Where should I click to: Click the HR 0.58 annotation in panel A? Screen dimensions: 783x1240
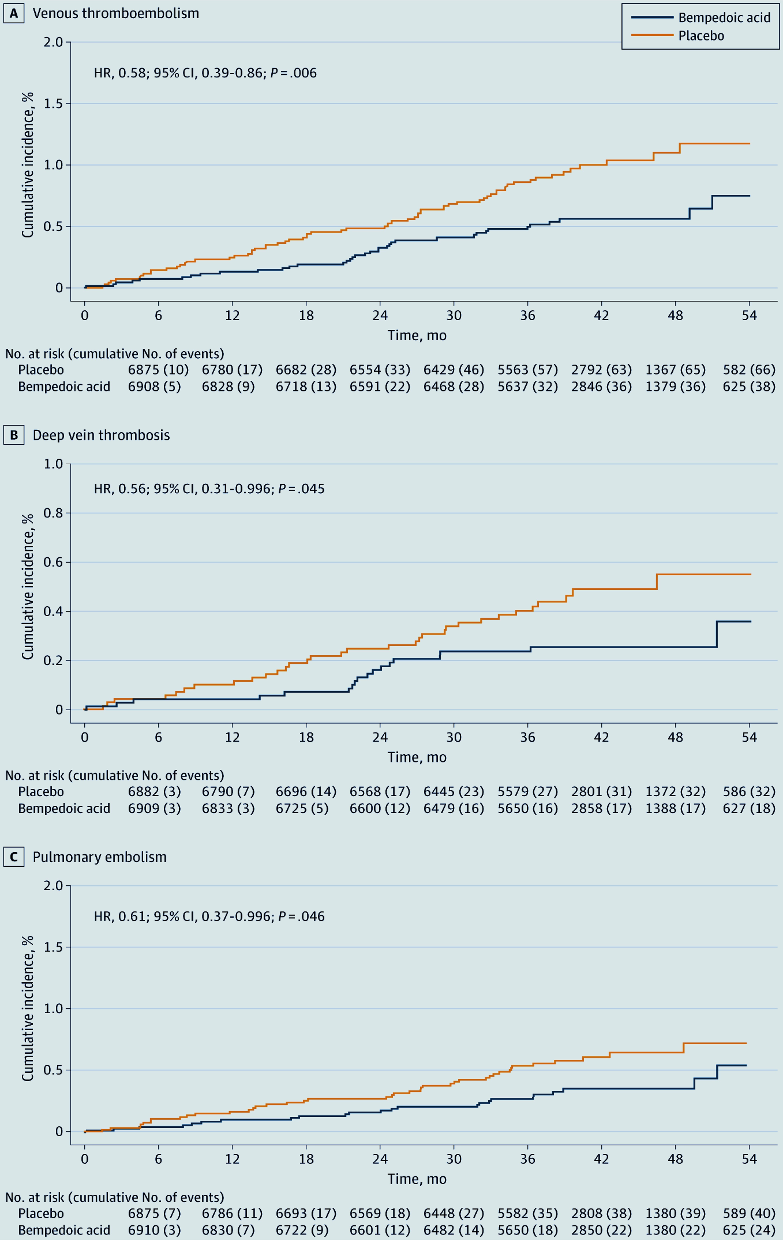(x=205, y=73)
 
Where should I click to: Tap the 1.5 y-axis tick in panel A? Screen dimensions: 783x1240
(x=53, y=104)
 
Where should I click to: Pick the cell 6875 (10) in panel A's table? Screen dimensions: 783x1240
(x=158, y=370)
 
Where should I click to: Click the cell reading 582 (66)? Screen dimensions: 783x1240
(x=749, y=370)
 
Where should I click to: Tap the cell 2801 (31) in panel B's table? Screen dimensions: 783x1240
(x=601, y=791)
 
